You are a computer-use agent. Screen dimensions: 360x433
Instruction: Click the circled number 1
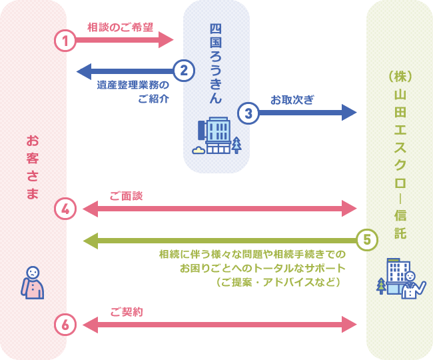[65, 40]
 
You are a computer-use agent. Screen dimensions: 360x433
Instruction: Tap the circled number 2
[184, 70]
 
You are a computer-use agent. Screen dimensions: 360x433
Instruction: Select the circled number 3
[248, 112]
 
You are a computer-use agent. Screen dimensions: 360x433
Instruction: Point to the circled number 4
[65, 209]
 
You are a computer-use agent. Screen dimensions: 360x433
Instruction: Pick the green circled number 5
[367, 239]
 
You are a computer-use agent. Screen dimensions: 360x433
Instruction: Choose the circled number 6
[65, 325]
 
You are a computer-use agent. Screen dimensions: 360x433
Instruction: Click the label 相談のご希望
[120, 27]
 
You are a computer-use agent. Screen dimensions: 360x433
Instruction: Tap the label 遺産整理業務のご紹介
[133, 92]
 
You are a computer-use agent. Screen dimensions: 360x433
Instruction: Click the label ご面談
[126, 196]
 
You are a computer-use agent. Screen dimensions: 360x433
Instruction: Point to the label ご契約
[126, 312]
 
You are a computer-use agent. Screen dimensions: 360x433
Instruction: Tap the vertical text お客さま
[32, 167]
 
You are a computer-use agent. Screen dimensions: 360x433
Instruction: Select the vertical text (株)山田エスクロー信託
[399, 153]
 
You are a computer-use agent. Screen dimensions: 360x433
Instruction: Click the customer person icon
[33, 283]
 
